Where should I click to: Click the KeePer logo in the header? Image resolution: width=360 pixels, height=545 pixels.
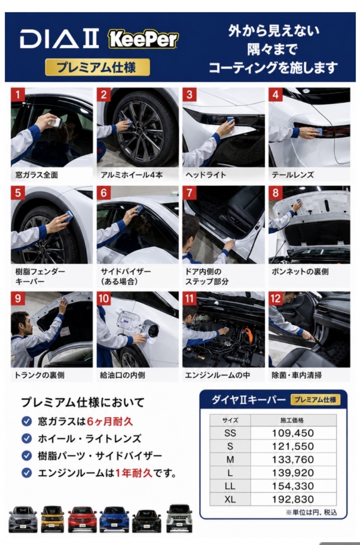[143, 40]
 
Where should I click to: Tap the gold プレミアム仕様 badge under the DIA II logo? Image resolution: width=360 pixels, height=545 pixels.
[97, 67]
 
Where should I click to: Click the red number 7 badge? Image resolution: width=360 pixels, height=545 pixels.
[189, 193]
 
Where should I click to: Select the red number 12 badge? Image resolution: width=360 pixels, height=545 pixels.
[275, 298]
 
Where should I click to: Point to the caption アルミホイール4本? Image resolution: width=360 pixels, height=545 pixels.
[132, 175]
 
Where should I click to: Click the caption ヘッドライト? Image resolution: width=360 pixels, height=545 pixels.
[206, 175]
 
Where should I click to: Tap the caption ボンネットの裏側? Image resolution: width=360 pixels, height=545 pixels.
[300, 272]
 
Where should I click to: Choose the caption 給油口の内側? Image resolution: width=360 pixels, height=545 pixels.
[123, 375]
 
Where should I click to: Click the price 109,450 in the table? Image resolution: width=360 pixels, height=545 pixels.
[293, 433]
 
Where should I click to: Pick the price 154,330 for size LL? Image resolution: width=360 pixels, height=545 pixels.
[293, 486]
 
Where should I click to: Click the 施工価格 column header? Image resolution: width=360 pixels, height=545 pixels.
[292, 420]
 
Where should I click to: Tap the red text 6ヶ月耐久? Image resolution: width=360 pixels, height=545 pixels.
[110, 421]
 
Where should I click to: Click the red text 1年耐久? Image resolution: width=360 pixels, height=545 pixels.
[134, 473]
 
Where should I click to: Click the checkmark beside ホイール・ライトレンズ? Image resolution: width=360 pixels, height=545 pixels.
[27, 439]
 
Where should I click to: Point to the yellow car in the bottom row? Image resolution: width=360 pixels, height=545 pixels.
[52, 519]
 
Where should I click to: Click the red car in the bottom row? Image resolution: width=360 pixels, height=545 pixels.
[82, 519]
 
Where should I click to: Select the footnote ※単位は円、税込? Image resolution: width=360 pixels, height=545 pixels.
[311, 513]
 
